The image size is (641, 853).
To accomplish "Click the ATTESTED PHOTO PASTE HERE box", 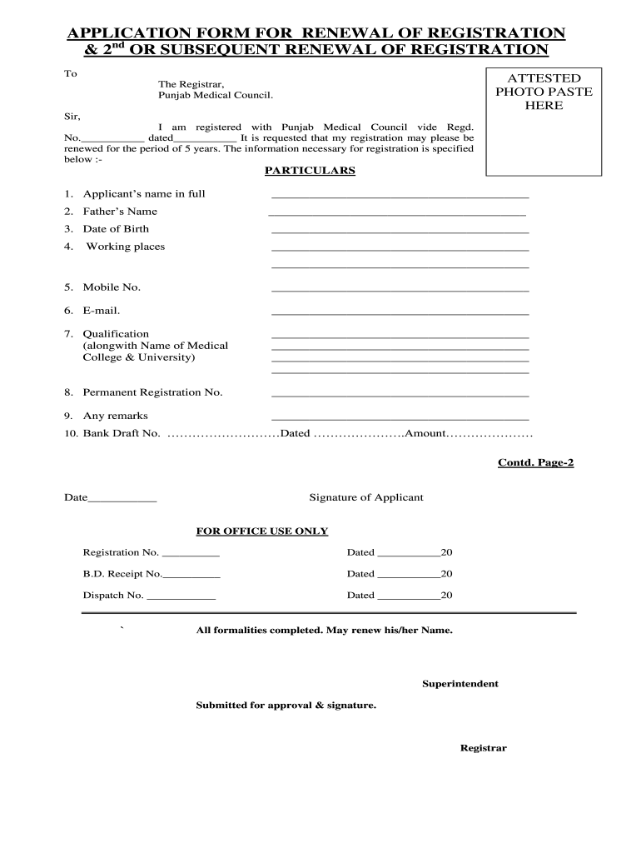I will (x=544, y=121).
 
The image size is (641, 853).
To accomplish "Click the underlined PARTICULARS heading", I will (x=310, y=171).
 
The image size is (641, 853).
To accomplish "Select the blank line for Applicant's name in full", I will (x=400, y=196).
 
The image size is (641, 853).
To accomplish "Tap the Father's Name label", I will (x=120, y=212).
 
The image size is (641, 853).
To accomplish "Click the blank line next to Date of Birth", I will (x=400, y=231).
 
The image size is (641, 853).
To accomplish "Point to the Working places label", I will (x=126, y=247).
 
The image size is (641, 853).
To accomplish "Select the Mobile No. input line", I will (x=400, y=289).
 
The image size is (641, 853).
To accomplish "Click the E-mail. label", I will (x=102, y=311).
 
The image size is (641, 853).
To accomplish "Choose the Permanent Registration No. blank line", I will (x=400, y=394).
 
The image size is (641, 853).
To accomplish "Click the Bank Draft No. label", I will (x=121, y=434).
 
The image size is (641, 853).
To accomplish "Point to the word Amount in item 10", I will (x=425, y=434).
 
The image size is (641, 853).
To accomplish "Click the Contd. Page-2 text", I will (x=535, y=462).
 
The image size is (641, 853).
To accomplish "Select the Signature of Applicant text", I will (x=366, y=497).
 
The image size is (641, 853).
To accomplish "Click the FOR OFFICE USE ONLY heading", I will (x=261, y=531).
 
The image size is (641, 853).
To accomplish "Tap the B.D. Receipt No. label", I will (x=122, y=574).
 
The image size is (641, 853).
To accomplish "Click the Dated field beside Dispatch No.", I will (x=407, y=596).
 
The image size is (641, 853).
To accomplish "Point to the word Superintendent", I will (x=460, y=684).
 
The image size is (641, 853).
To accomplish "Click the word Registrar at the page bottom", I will (x=483, y=748).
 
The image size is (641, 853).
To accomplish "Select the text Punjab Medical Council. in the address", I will (x=216, y=96).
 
